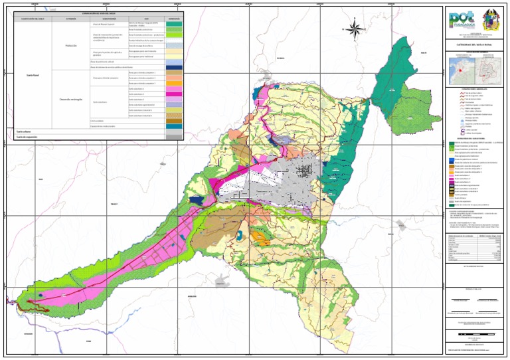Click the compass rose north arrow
pyautogui.click(x=355, y=29)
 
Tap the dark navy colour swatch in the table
pyautogui.click(x=173, y=67)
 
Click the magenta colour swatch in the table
pyautogui.click(x=173, y=94)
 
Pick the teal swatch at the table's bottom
pyautogui.click(x=173, y=126)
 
